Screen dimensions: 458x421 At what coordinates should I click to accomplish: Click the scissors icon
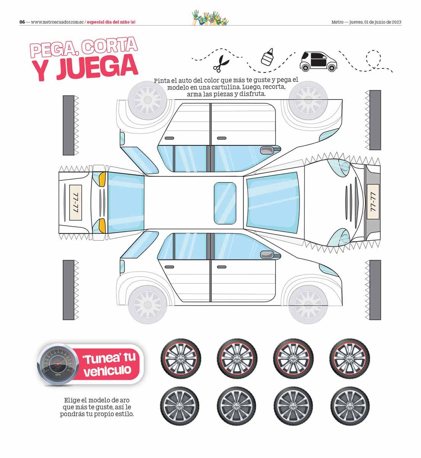coord(221,63)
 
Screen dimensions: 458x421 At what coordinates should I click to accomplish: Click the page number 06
coord(22,22)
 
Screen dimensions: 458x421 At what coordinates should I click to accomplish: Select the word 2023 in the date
coord(396,22)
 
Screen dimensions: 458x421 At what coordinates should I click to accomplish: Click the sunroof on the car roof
coord(225,202)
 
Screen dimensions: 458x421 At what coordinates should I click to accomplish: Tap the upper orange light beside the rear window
coord(102,178)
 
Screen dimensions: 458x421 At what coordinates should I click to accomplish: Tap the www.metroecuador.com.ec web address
coord(57,22)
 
